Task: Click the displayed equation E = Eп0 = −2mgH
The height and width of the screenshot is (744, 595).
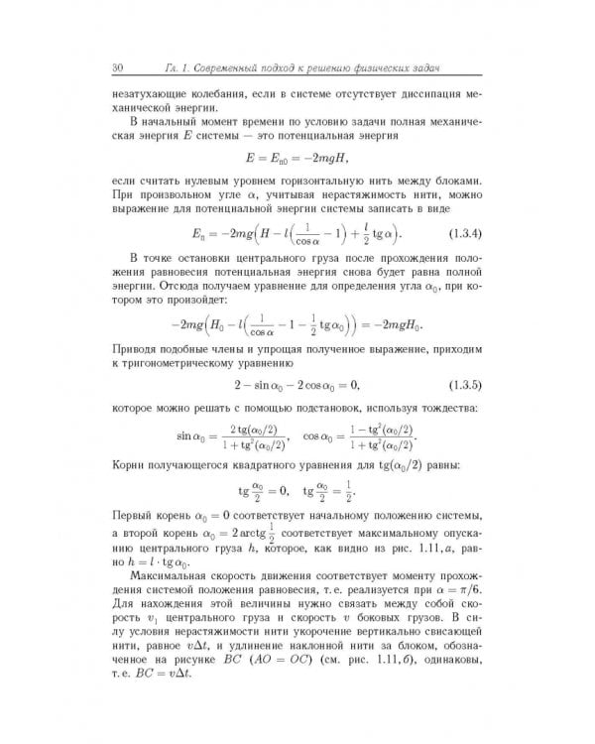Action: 297,157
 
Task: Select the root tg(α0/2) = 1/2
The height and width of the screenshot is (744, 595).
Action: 328,493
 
